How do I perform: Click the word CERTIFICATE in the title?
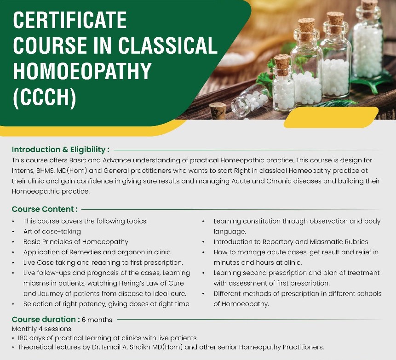pos(70,20)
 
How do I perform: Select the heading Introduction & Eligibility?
pos(60,149)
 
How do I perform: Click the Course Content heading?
pos(45,209)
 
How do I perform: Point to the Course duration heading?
pos(44,320)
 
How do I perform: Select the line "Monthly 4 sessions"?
pos(41,329)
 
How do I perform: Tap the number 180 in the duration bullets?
pos(24,338)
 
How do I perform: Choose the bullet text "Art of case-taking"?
pos(52,231)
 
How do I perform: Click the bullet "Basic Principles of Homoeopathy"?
pos(76,241)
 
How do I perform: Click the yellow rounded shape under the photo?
pos(331,118)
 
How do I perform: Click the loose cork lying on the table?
pos(218,110)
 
